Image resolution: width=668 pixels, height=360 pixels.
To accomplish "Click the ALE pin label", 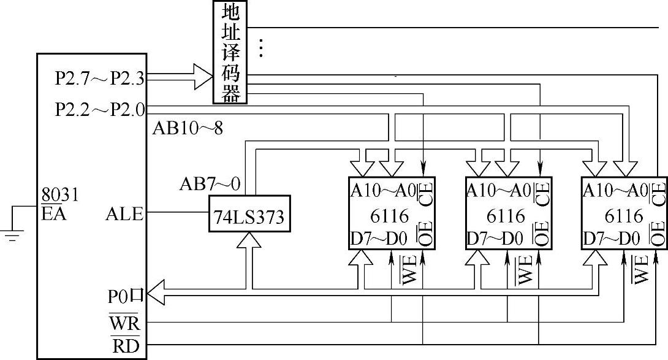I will pos(124,214).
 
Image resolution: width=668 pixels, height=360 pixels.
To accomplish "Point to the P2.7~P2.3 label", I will pos(99,78).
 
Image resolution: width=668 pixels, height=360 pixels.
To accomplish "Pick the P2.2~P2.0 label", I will pos(99,110).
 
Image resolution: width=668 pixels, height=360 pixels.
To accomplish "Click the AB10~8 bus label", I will pos(188,129).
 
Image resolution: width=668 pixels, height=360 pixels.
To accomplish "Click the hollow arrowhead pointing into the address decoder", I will pos(202,76).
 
